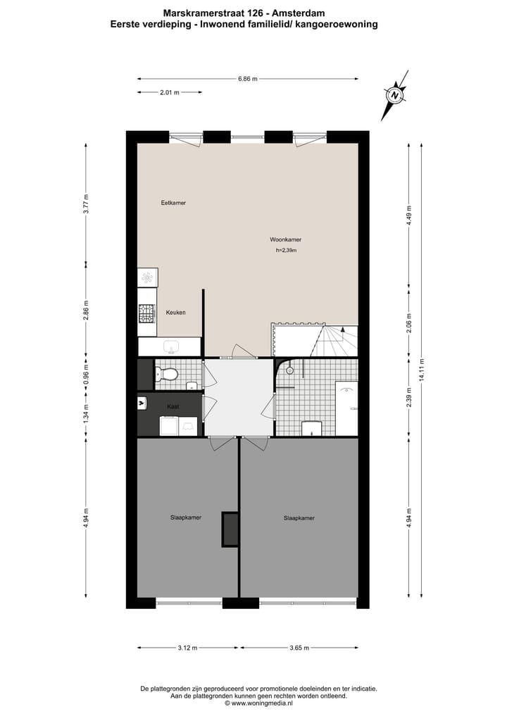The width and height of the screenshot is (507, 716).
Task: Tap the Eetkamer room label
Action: [173, 203]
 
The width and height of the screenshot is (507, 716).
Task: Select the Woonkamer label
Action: [286, 239]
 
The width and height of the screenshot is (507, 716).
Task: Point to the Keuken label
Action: [175, 312]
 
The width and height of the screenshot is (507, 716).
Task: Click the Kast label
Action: [173, 407]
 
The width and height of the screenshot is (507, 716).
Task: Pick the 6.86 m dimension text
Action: [248, 79]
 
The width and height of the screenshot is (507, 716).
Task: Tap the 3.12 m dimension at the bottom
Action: [188, 648]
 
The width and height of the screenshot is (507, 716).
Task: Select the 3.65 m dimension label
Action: [299, 648]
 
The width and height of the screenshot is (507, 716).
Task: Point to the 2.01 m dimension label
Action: [170, 92]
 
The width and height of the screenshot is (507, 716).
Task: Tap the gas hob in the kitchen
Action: [146, 313]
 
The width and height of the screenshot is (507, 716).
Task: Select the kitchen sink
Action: [171, 346]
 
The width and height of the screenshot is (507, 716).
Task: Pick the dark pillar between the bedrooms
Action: [230, 529]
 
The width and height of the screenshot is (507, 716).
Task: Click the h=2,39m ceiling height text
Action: [286, 251]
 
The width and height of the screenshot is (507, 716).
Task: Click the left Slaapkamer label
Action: [186, 517]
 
